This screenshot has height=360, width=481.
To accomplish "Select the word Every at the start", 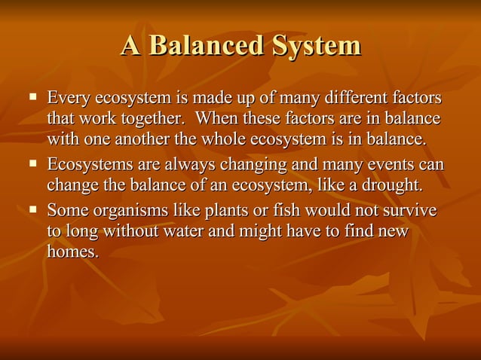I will tap(67, 99).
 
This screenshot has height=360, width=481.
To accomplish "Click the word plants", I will tap(221, 209).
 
